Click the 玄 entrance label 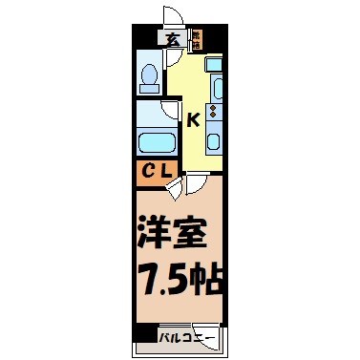pyautogui.click(x=173, y=39)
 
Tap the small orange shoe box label pyautogui.click(x=197, y=39)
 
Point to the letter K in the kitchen pyautogui.click(x=192, y=120)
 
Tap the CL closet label pyautogui.click(x=153, y=172)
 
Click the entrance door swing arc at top pyautogui.click(x=172, y=15)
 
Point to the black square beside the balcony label pyautogui.click(x=144, y=336)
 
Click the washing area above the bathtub pyautogui.click(x=153, y=114)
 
